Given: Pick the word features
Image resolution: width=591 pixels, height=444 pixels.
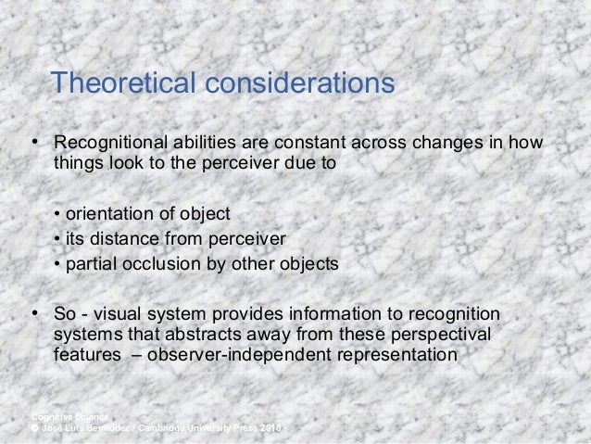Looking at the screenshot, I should (84, 355).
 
